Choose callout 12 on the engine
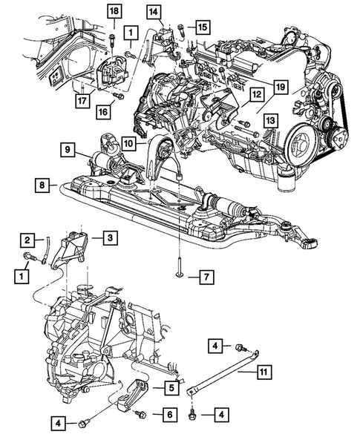(255, 94)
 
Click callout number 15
(203, 26)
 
